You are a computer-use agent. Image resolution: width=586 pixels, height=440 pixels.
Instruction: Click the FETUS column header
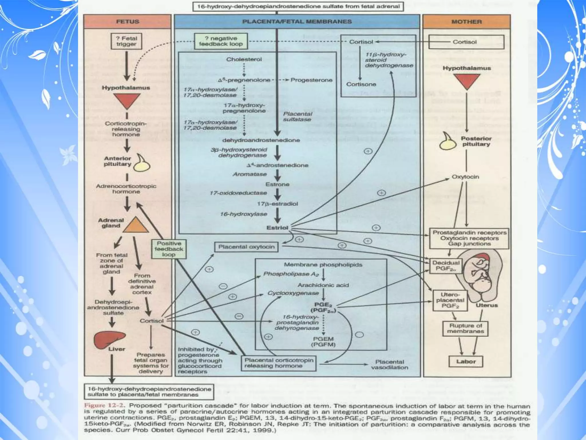pyautogui.click(x=128, y=22)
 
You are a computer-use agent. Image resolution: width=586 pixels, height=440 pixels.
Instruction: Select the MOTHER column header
pyautogui.click(x=467, y=22)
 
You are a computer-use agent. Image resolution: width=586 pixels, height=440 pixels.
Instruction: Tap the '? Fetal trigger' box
pyautogui.click(x=126, y=41)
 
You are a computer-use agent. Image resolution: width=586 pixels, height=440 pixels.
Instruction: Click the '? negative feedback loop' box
pyautogui.click(x=221, y=41)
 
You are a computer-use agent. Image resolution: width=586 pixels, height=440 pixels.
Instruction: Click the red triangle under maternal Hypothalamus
pyautogui.click(x=466, y=81)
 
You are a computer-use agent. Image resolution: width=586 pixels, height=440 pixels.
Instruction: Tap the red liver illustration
pyautogui.click(x=110, y=339)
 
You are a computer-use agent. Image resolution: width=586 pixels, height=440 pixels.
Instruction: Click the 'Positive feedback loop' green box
pyautogui.click(x=169, y=249)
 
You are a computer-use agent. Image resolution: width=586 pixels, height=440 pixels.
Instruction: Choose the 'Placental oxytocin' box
pyautogui.click(x=246, y=247)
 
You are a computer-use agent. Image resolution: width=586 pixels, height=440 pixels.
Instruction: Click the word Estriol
pyautogui.click(x=277, y=228)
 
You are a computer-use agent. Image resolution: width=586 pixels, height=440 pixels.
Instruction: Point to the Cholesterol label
pyautogui.click(x=244, y=59)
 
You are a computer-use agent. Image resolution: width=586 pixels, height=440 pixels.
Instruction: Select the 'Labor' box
pyautogui.click(x=466, y=362)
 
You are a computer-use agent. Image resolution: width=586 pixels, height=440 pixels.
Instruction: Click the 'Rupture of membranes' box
pyautogui.click(x=465, y=329)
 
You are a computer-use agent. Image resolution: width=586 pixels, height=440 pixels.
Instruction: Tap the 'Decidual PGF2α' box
pyautogui.click(x=446, y=266)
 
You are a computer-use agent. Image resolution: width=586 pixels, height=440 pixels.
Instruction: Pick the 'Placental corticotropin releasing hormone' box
pyautogui.click(x=279, y=363)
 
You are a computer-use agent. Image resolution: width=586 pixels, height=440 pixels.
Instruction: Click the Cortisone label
pyautogui.click(x=361, y=84)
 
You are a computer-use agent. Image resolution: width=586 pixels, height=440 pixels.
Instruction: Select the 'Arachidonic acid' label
pyautogui.click(x=323, y=285)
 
